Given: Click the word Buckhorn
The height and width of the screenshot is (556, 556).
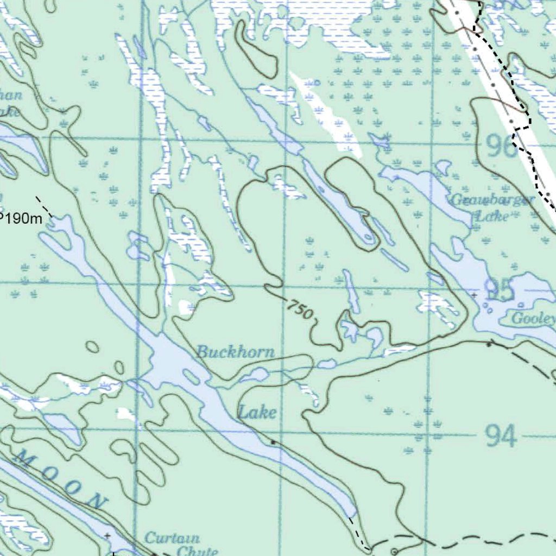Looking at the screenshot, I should (235, 352).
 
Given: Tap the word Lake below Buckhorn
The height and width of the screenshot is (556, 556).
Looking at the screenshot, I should (257, 413).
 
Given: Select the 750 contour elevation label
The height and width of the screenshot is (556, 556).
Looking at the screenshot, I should (300, 311).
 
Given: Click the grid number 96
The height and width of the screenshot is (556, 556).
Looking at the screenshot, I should (502, 146).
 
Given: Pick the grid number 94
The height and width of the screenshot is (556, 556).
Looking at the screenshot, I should (501, 435).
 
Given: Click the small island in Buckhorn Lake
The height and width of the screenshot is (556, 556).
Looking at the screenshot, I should (191, 376).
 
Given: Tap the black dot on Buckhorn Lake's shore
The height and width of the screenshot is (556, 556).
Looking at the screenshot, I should (273, 443).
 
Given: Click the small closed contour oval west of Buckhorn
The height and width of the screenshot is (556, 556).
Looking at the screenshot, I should (93, 346).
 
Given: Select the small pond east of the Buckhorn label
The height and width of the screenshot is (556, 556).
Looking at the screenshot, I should (326, 363).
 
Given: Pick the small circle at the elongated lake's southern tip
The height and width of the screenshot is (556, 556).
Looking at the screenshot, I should (369, 237).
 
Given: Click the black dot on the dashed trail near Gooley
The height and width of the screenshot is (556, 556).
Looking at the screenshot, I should (489, 344).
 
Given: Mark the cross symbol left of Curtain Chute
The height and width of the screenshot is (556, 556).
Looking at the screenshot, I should (107, 535).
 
